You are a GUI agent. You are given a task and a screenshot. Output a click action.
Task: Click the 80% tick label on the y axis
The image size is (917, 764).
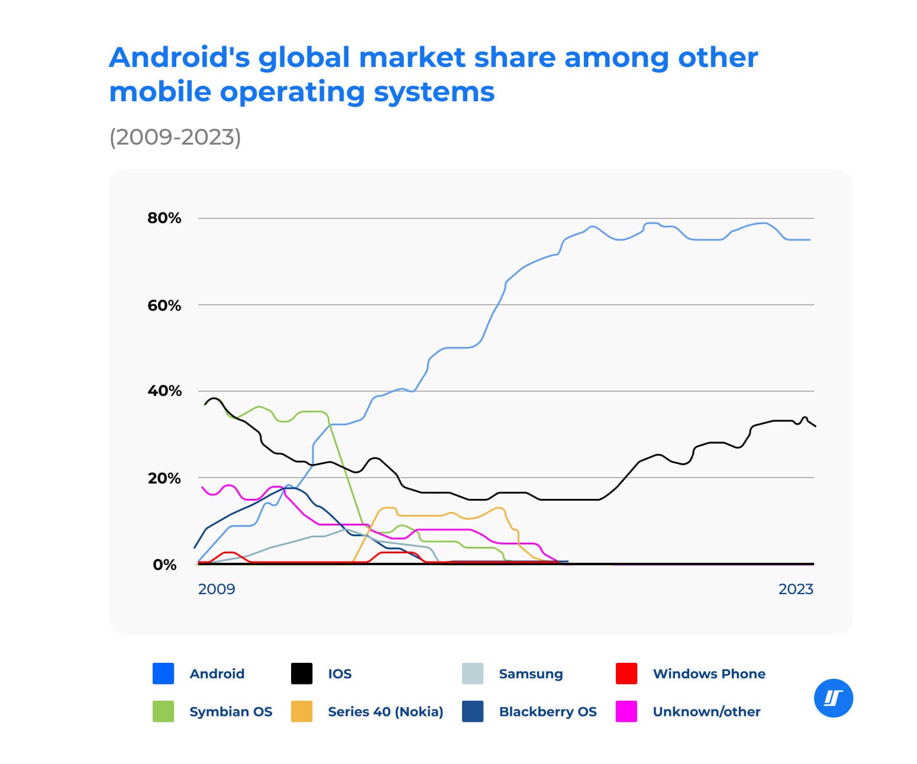tap(164, 218)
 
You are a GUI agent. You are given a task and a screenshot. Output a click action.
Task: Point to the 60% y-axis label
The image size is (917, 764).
tap(164, 305)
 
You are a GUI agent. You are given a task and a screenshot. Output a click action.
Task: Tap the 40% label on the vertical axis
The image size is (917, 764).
tap(164, 391)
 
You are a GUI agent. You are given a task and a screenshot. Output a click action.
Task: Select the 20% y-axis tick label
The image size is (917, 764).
tap(164, 478)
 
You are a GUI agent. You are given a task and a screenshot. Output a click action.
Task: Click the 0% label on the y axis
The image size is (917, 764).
tap(164, 565)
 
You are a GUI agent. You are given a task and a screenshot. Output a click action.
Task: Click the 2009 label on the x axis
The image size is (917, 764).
tap(216, 589)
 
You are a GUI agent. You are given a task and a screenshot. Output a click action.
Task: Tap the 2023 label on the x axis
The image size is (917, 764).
tap(795, 589)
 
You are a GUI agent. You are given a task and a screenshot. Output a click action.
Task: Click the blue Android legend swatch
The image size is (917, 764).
tap(163, 673)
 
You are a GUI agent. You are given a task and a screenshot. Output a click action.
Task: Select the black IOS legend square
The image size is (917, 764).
tap(302, 673)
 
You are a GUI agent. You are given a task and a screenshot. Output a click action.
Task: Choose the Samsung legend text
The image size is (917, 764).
tap(531, 673)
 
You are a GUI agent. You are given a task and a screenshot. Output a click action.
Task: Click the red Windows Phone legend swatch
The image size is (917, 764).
tap(627, 673)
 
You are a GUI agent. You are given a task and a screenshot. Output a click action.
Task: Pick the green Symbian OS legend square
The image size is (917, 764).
tap(163, 711)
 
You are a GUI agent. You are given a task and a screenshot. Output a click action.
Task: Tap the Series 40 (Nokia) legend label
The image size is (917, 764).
tap(385, 711)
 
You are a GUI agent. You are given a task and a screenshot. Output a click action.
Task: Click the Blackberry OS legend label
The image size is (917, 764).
tap(548, 711)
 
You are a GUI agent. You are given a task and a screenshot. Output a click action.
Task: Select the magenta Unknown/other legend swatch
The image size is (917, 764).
tap(627, 711)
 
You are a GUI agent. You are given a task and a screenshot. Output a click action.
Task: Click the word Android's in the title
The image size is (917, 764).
tap(179, 58)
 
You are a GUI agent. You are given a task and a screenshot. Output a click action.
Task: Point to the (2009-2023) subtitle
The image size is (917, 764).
tap(175, 137)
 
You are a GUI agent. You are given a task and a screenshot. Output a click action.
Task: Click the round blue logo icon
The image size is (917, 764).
tap(833, 698)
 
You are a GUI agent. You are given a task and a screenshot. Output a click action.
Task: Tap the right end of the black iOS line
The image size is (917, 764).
tap(814, 425)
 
